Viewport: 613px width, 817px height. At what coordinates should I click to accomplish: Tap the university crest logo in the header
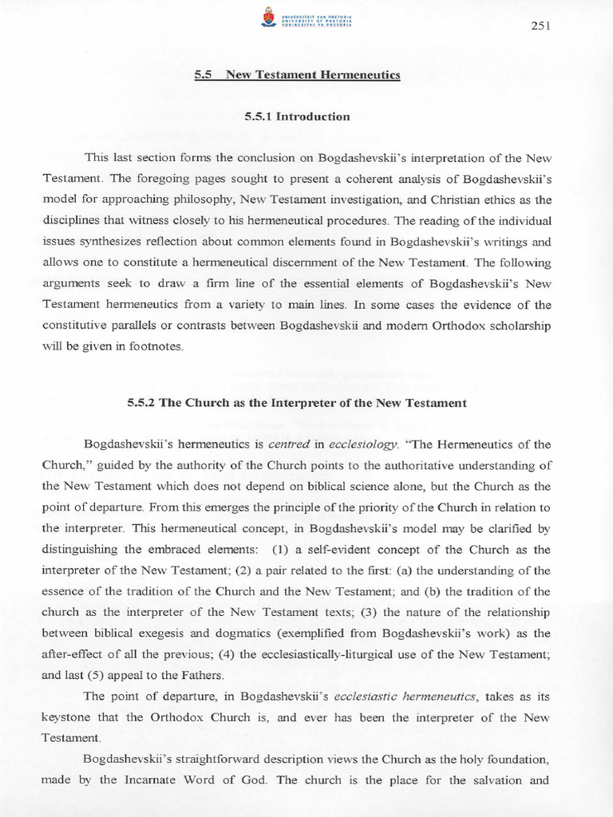(x=267, y=17)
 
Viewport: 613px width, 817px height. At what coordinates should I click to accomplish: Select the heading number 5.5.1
(x=259, y=116)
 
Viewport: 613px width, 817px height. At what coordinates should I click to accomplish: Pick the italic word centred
(x=286, y=444)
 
